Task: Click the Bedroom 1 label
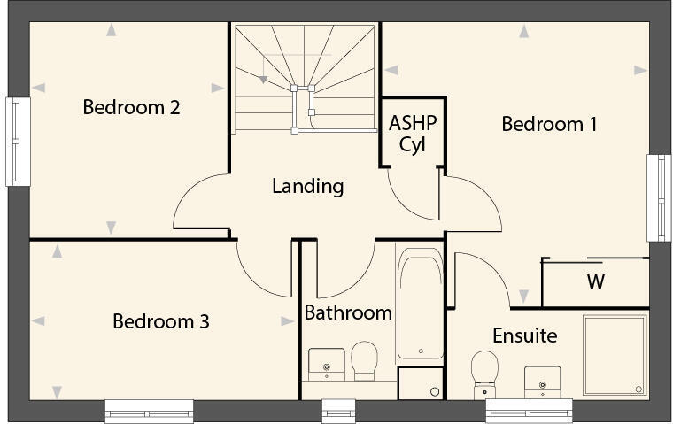point(549,124)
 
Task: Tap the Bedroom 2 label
point(132,107)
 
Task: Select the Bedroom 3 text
point(161,321)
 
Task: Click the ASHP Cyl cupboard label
point(413,133)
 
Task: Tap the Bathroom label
point(348,312)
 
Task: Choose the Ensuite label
point(525,335)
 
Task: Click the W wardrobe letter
point(596,283)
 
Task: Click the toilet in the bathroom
point(363,360)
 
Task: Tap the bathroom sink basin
point(327,363)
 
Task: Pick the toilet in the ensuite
point(484,373)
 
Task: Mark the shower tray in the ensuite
point(615,354)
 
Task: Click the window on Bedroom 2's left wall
point(18,142)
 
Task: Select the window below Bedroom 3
point(149,412)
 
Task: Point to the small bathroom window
point(336,412)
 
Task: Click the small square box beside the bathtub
point(420,383)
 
